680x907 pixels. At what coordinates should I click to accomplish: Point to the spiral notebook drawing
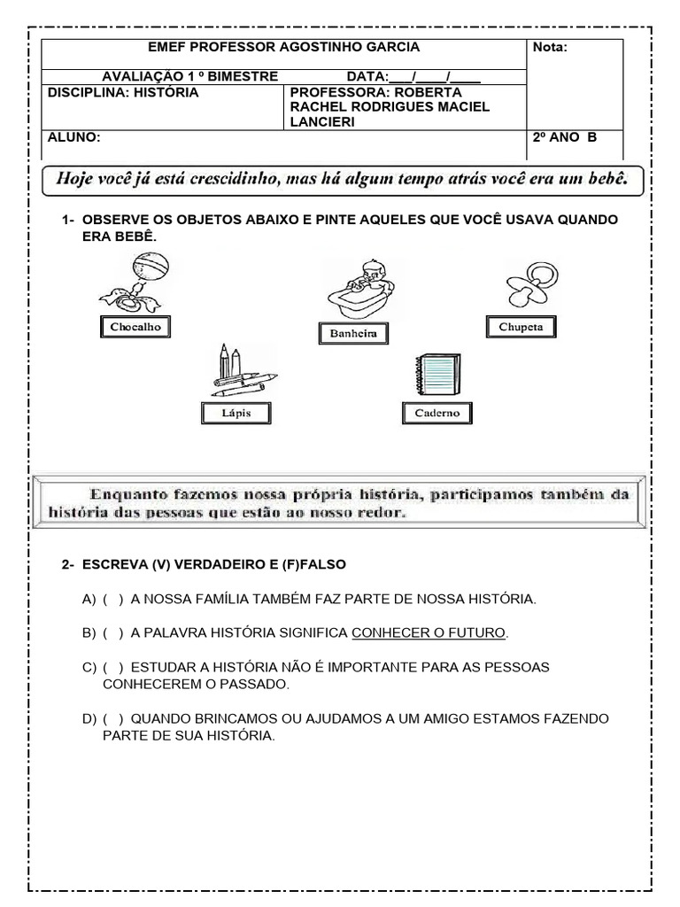click(x=435, y=374)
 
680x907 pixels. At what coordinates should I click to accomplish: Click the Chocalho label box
click(x=135, y=327)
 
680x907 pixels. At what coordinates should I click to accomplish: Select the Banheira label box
click(x=353, y=333)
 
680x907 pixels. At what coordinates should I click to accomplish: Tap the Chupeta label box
click(x=522, y=327)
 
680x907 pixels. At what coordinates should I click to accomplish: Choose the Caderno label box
click(x=437, y=413)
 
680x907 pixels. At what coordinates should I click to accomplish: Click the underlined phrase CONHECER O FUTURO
click(x=429, y=632)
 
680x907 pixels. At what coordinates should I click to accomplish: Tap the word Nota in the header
click(x=549, y=48)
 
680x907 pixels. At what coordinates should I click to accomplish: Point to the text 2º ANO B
click(x=565, y=137)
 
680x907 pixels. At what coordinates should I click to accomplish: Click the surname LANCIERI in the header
click(x=322, y=122)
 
